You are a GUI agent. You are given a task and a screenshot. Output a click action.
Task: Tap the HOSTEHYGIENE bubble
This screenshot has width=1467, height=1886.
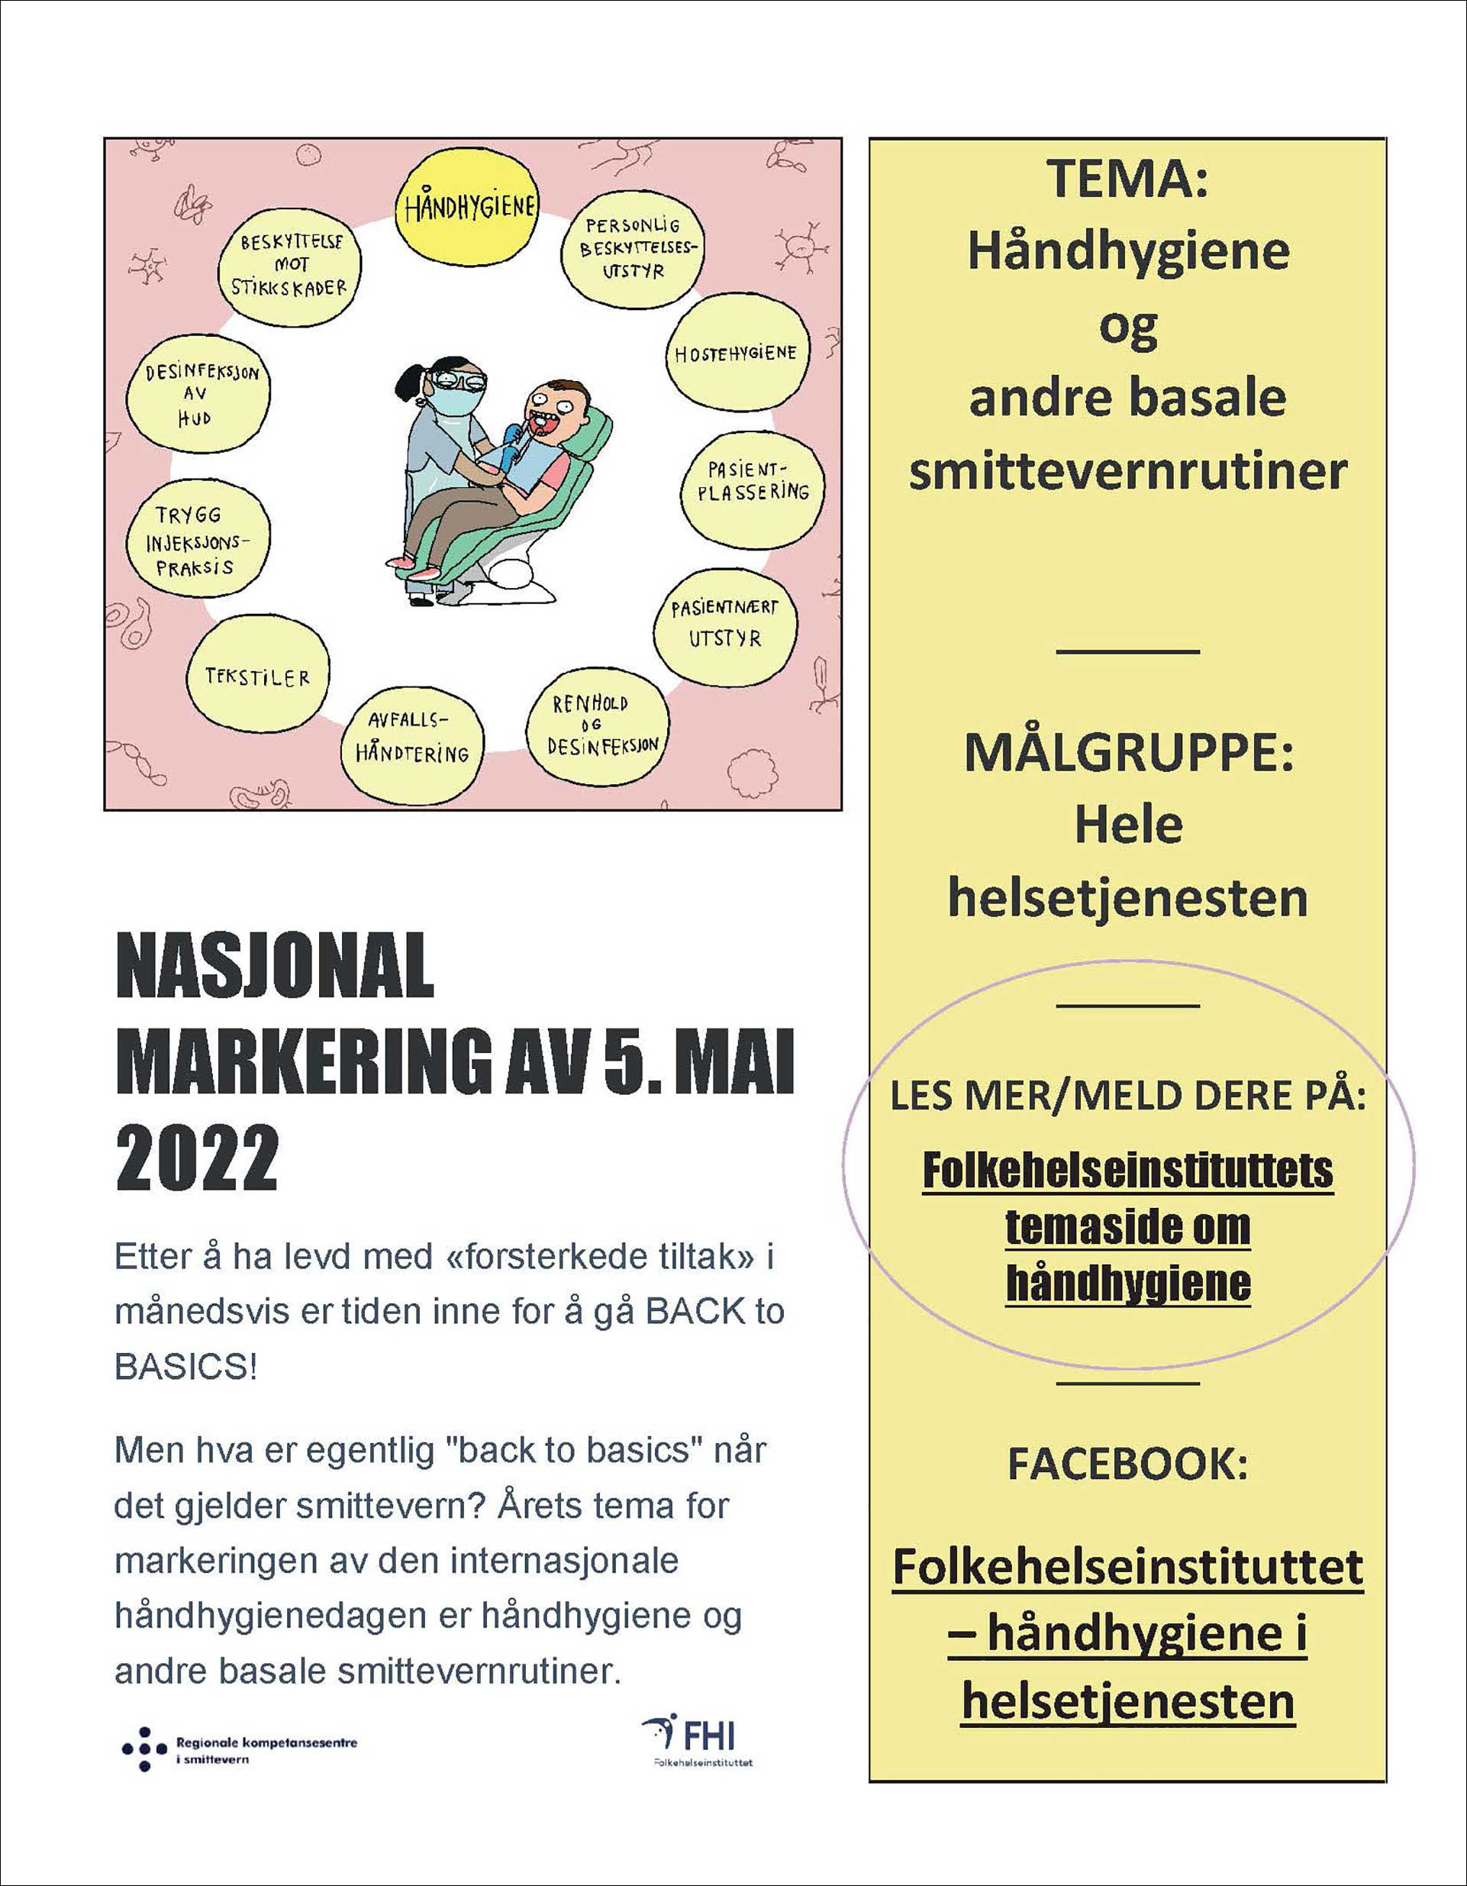click(737, 354)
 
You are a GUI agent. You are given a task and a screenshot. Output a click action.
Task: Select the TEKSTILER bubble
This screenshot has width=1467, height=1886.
click(257, 677)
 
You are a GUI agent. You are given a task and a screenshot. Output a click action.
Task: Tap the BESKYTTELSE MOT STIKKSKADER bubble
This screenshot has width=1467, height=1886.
click(289, 265)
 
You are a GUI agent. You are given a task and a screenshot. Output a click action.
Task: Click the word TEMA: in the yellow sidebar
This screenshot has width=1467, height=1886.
click(1127, 179)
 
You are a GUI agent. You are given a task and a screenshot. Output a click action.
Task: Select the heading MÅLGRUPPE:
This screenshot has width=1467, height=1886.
click(1127, 752)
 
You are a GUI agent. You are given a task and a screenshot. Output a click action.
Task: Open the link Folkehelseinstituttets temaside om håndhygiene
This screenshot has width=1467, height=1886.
click(1127, 1227)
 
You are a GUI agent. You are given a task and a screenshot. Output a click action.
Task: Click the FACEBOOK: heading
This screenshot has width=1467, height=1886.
click(1127, 1464)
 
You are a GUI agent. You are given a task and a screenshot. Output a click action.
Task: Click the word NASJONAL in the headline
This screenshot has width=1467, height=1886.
click(275, 967)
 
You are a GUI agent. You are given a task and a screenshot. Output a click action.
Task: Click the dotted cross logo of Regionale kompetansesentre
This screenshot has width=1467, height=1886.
click(144, 1749)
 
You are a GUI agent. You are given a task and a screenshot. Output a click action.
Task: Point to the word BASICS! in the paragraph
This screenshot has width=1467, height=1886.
click(185, 1367)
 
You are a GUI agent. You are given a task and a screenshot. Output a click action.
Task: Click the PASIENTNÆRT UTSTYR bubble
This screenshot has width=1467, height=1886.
click(725, 625)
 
